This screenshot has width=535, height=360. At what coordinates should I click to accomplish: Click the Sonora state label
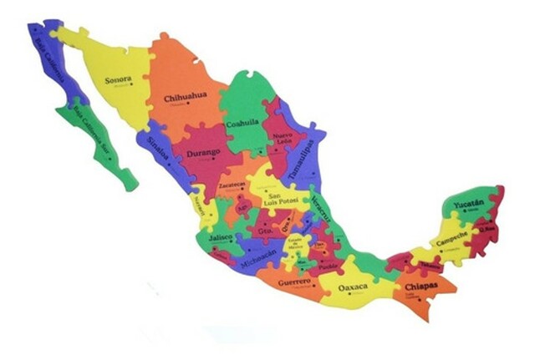[119, 80]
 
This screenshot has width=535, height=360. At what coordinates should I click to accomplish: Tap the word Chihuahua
[185, 96]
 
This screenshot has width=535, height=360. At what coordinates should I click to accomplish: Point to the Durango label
[203, 152]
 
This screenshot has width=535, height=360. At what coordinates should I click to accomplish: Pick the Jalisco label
[221, 237]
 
